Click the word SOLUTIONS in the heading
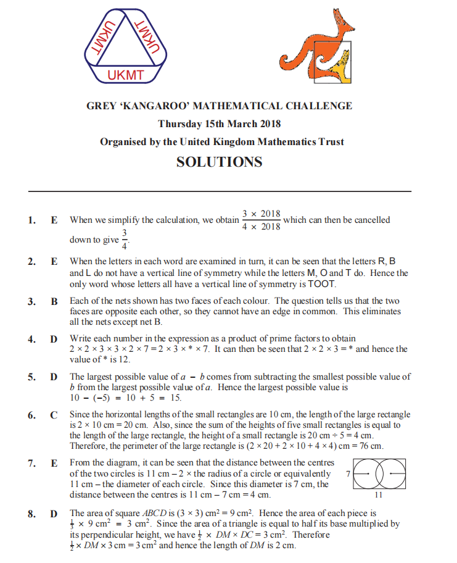(x=219, y=162)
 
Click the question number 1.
(x=31, y=220)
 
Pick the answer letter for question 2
(x=54, y=261)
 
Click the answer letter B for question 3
(x=54, y=302)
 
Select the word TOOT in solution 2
(x=324, y=284)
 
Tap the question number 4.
(x=31, y=339)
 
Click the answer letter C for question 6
(x=54, y=415)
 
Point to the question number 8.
(x=31, y=514)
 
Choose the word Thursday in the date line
(x=179, y=123)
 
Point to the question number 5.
(x=31, y=377)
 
